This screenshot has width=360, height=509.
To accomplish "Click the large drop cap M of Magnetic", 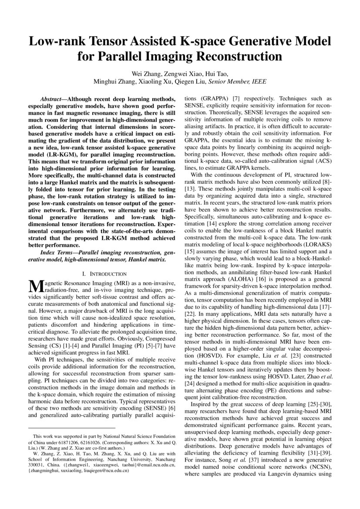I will (x=34, y=287).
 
